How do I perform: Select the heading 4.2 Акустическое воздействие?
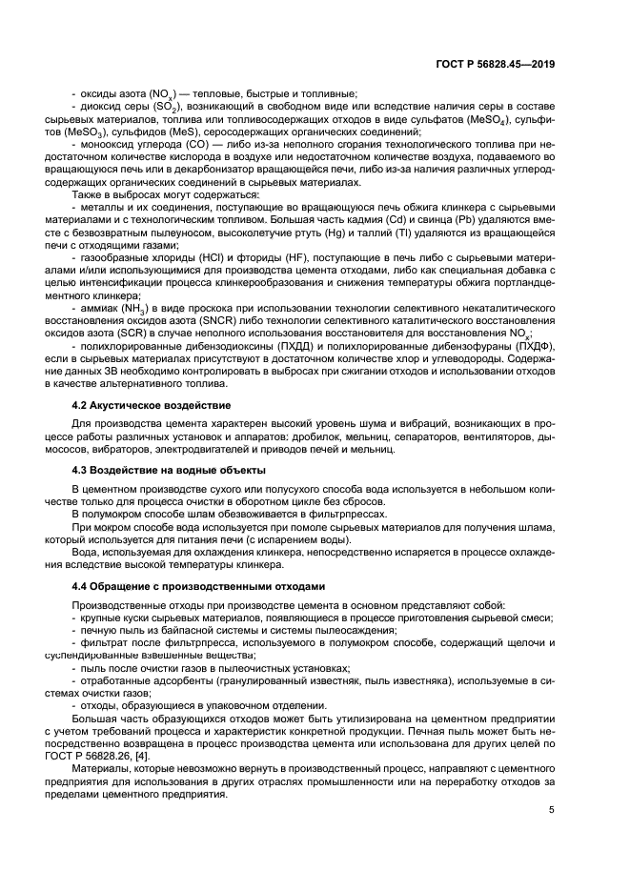point(141,404)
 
